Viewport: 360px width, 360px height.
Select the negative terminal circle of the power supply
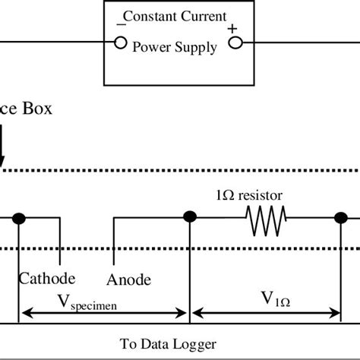pos(119,43)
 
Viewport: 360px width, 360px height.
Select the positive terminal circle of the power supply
pos(235,43)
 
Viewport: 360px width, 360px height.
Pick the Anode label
pos(129,279)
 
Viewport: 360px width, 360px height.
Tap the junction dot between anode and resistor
pos(188,219)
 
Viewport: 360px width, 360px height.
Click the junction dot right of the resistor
pos(339,219)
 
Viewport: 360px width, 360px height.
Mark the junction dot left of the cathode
pos(21,219)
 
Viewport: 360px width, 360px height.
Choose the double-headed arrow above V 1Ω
pos(265,312)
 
